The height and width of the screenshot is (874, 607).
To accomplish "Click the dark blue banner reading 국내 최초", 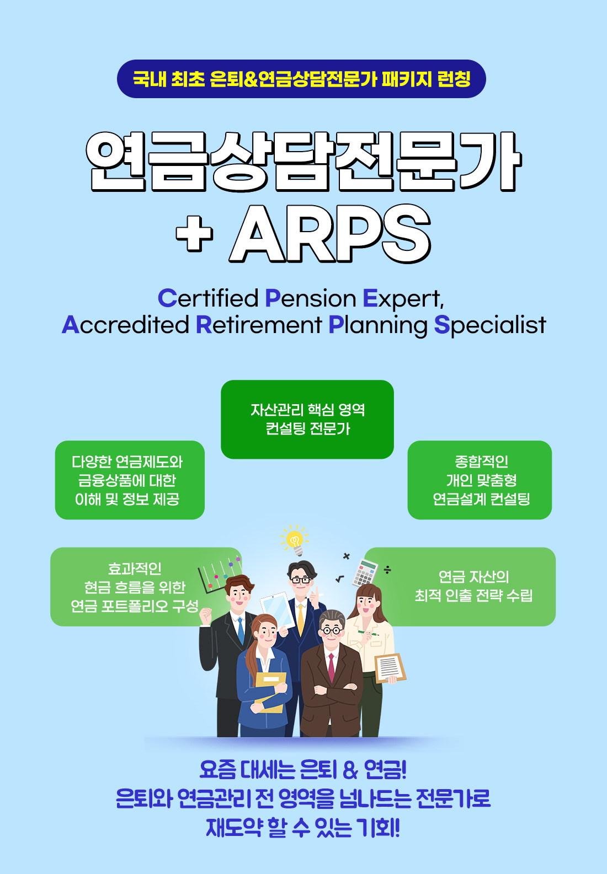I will (301, 79).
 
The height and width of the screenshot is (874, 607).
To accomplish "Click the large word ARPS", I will (330, 234).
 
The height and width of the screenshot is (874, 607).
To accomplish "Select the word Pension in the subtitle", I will (310, 298).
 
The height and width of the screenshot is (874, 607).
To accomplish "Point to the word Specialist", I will (490, 325).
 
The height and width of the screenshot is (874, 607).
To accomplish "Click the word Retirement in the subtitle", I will (259, 325).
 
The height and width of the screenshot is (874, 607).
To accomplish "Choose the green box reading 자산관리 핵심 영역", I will (307, 419).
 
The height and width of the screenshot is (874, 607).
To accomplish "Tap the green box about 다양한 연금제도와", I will (130, 480).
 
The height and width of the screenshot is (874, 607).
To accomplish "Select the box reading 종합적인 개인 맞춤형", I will (480, 480).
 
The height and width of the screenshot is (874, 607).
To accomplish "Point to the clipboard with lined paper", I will (390, 668).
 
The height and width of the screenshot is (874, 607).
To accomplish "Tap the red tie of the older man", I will (331, 667).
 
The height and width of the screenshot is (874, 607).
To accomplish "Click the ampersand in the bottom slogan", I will (350, 770).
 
